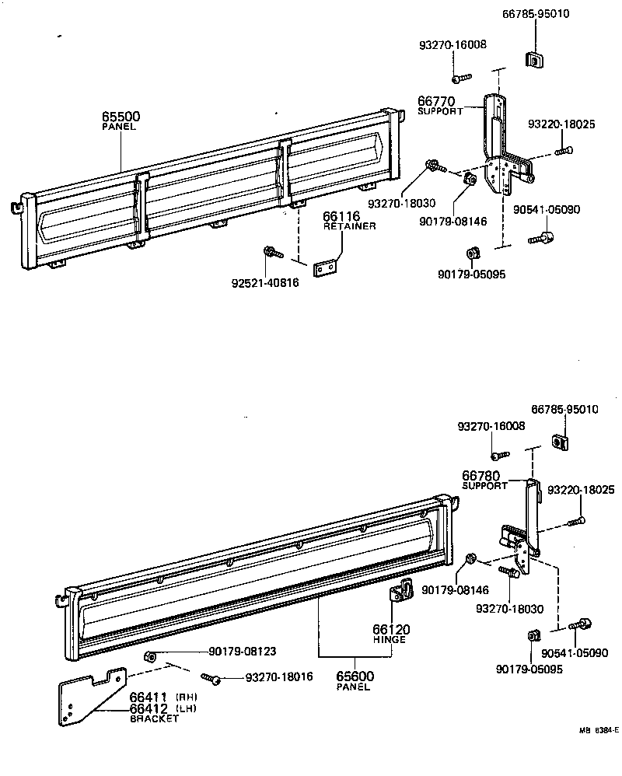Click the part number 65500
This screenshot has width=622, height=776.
(121, 117)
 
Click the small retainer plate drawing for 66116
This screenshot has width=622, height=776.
(329, 267)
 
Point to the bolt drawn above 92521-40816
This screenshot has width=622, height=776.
(272, 251)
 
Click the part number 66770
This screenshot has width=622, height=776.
(435, 101)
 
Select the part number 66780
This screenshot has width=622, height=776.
(480, 475)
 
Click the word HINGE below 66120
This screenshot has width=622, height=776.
(390, 639)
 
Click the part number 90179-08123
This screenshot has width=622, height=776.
(232, 652)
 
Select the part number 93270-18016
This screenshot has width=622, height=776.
(279, 677)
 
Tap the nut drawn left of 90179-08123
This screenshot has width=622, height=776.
(152, 657)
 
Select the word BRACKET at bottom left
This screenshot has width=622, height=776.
(153, 719)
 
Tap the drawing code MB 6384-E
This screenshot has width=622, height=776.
(596, 730)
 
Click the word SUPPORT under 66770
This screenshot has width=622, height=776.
(440, 111)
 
